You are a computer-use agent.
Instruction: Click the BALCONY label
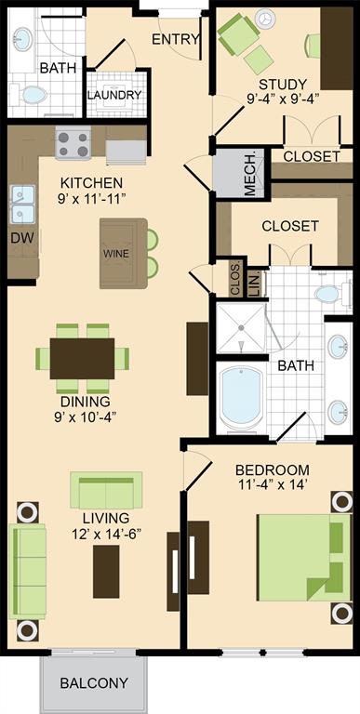point(93,682)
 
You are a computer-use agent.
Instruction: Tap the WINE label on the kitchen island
point(116,254)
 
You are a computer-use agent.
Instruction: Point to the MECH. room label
point(250,174)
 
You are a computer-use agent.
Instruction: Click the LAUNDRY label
point(114,95)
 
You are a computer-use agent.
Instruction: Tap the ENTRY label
point(176,40)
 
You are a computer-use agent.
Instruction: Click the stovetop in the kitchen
point(73,143)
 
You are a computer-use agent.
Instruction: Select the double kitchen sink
point(22,205)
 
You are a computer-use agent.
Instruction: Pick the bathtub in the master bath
point(241,396)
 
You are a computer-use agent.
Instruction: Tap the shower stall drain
point(240,327)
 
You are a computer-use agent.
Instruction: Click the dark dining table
point(83,358)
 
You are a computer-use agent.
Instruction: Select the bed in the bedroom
point(303,557)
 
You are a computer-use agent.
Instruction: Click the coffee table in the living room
point(106,572)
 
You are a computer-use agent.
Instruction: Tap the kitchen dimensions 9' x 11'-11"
point(92,198)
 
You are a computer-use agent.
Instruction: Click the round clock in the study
point(265,20)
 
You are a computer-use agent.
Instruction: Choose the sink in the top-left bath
point(22,39)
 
